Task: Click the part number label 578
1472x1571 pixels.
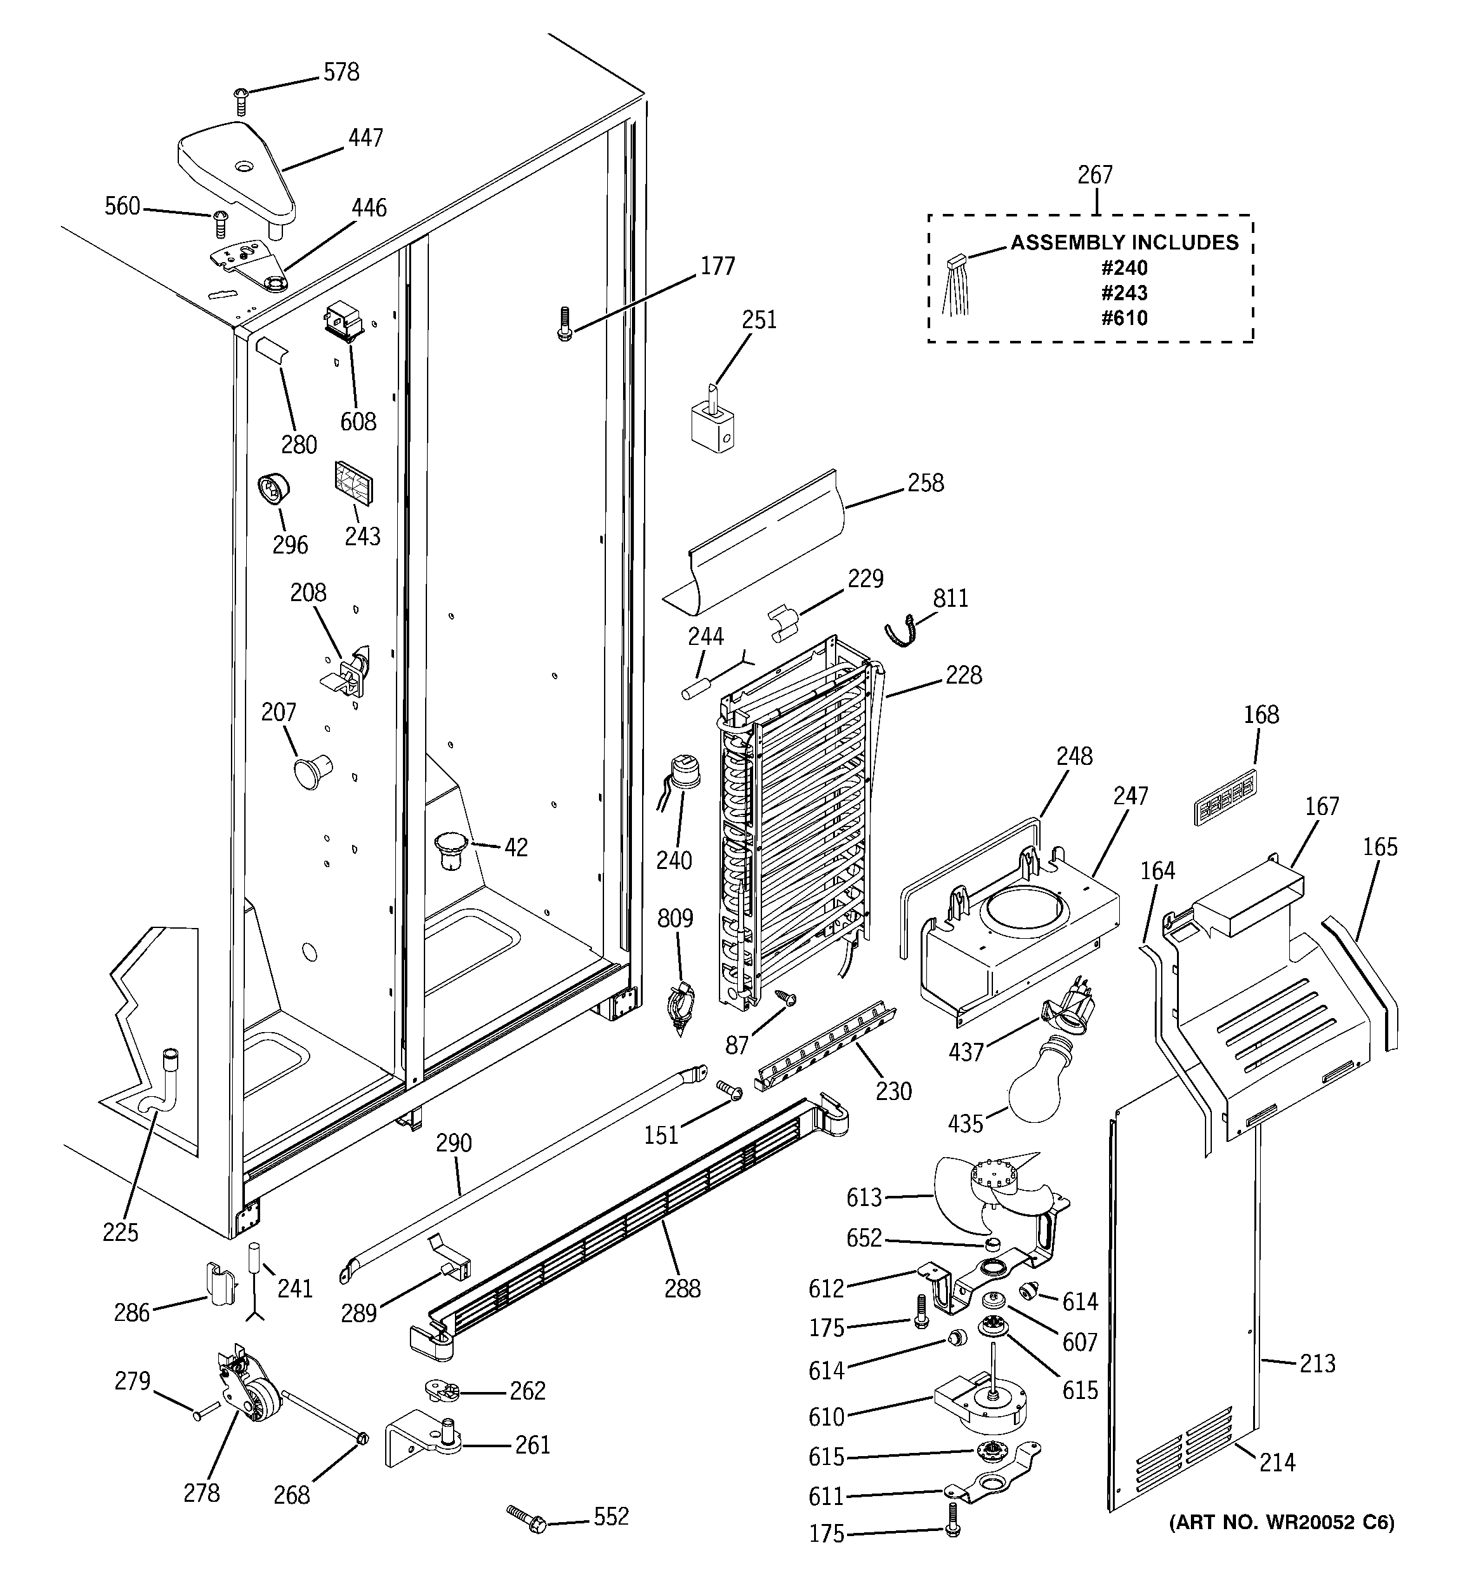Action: click(341, 73)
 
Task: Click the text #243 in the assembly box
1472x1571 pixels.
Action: click(1124, 293)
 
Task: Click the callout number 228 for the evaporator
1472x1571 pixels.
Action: click(964, 675)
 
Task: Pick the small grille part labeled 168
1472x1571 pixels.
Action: click(1224, 798)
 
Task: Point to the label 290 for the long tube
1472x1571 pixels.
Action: click(454, 1143)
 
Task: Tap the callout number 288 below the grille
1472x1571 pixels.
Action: click(682, 1289)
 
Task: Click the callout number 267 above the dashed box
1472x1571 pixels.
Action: click(1095, 175)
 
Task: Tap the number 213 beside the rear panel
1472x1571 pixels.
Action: click(1317, 1363)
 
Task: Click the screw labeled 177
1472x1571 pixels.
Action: click(563, 324)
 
